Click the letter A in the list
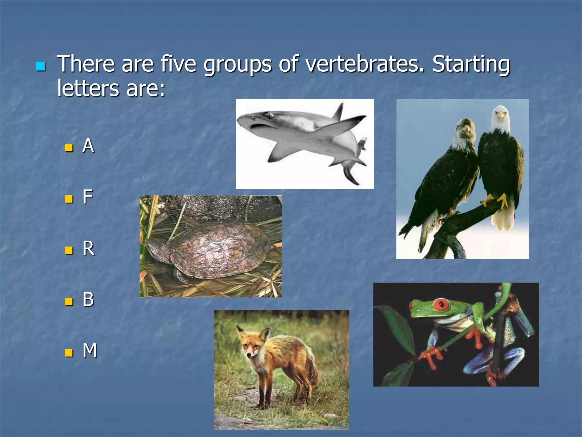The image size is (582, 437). (88, 146)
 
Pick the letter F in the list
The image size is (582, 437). (88, 197)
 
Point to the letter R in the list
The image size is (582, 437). (88, 248)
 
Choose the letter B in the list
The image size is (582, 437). (88, 299)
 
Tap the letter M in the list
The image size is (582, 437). (90, 351)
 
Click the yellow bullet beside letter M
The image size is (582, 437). (69, 353)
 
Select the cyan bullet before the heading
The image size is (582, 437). (41, 66)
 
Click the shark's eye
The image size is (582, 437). (269, 115)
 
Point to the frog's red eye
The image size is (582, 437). (441, 305)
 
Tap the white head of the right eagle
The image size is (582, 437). (500, 117)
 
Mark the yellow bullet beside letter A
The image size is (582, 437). (69, 148)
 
